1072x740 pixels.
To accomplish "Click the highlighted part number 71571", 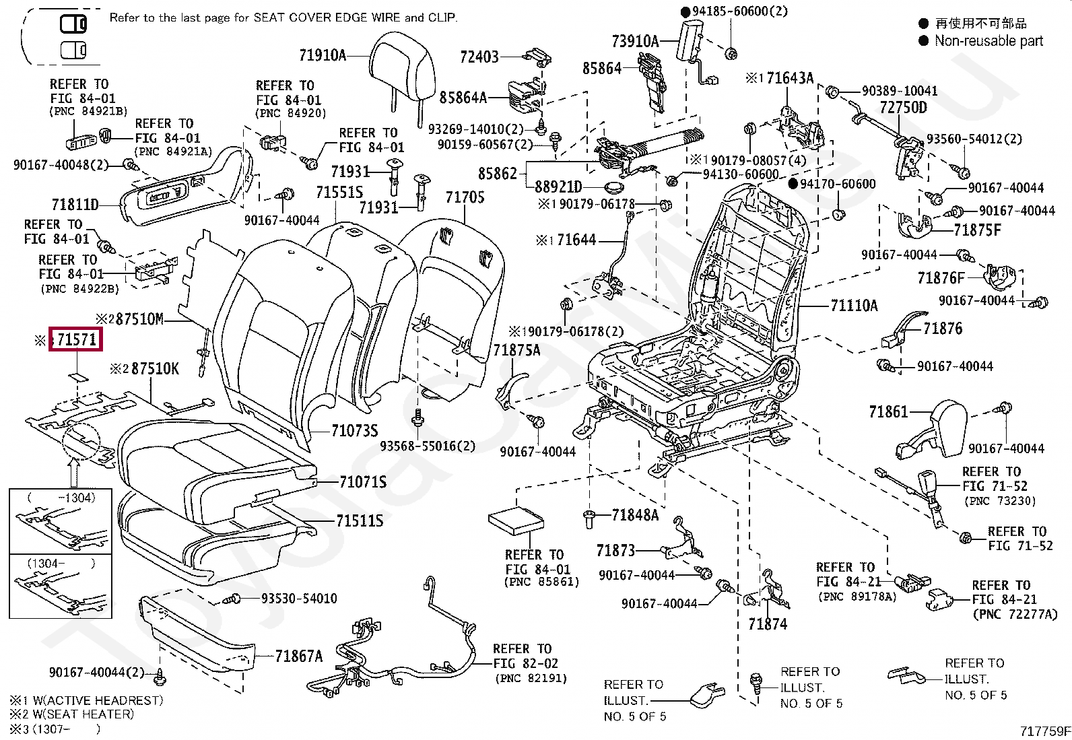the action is pos(77,339).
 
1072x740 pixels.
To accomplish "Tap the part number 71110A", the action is pos(855,306).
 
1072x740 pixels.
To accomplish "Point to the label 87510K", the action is pos(155,368).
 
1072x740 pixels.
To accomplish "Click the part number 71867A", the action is pos(298,656).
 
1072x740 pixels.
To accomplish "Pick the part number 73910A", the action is pos(636,42).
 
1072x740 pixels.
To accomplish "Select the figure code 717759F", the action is pos(1044,731).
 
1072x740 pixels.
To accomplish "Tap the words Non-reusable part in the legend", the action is pos(989,41).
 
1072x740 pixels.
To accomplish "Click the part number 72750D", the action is pos(904,107).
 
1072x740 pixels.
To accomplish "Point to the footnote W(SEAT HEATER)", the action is pos(83,714).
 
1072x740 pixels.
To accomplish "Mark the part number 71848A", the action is pos(635,515).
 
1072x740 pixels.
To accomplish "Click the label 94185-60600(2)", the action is pos(740,11).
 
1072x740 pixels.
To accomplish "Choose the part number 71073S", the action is pos(355,431).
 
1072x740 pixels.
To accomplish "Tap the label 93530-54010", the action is pos(299,599).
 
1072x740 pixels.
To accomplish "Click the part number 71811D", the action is pos(75,205).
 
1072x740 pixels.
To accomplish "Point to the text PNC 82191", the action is pos(531,678).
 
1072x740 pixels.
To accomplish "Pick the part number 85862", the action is pos(498,173).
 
